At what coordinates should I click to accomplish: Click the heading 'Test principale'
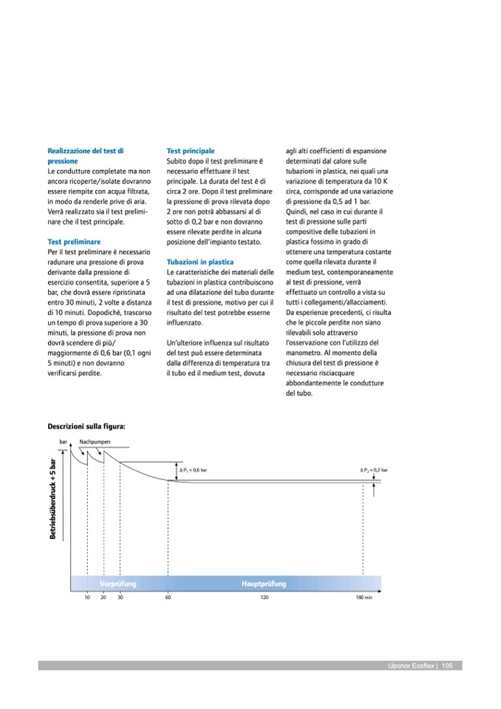(190, 151)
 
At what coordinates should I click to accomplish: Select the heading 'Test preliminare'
(74, 242)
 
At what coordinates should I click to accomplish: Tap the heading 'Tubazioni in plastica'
(200, 262)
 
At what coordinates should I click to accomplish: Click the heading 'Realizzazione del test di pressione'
(86, 155)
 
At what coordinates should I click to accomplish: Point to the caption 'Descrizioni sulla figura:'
(86, 427)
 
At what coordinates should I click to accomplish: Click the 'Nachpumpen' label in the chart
(95, 441)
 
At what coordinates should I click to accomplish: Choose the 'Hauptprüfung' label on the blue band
(264, 584)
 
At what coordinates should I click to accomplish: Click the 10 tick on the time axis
(87, 597)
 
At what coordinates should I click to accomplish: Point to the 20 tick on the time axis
(103, 597)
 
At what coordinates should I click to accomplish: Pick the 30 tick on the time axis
(120, 597)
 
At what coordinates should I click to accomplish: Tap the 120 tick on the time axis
(265, 597)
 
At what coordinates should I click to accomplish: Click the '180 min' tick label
(363, 597)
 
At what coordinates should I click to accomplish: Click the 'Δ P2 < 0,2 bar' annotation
(373, 470)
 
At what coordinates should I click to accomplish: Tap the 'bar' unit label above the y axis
(63, 441)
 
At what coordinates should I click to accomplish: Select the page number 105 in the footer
(447, 666)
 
